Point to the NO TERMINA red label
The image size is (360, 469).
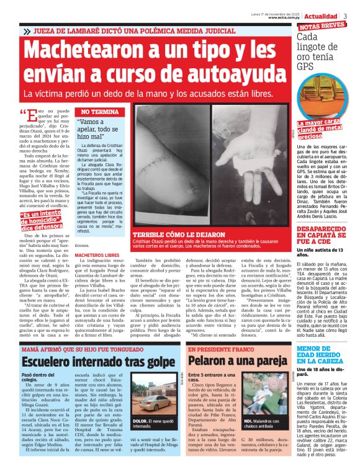pyautogui.click(x=96, y=112)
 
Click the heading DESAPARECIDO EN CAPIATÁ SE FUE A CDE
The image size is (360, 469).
pyautogui.click(x=323, y=238)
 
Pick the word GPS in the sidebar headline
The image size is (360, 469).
pyautogui.click(x=307, y=65)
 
